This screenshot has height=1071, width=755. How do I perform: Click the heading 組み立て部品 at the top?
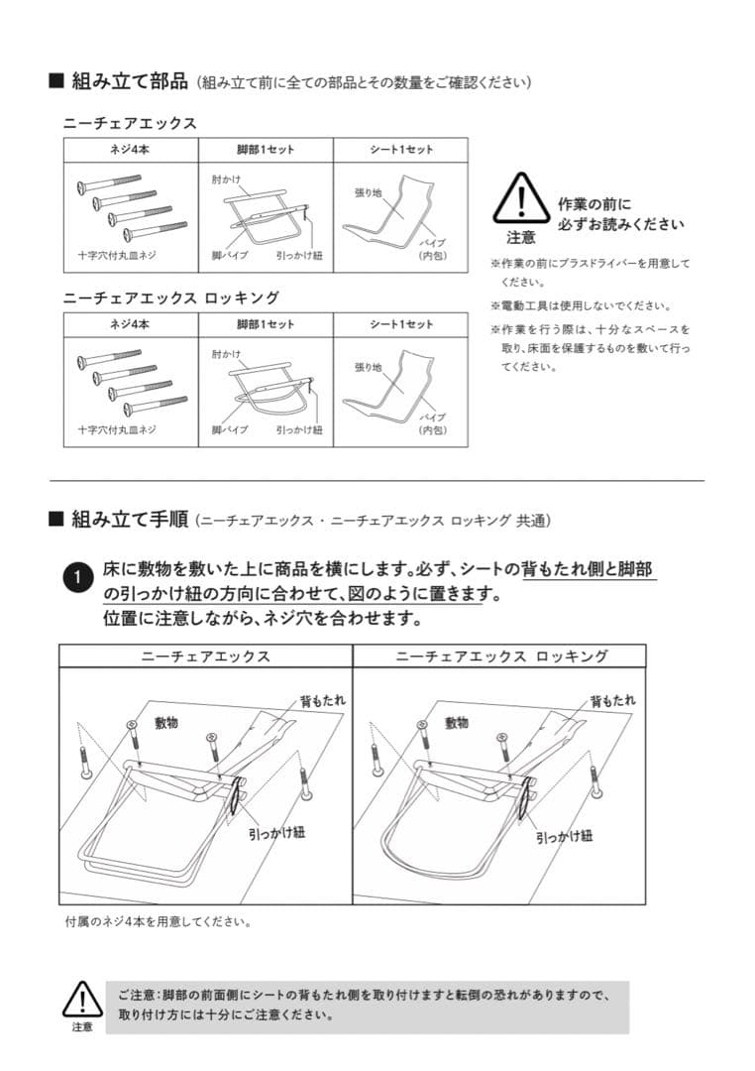pos(128,80)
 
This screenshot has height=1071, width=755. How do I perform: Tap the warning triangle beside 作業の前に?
pos(521,198)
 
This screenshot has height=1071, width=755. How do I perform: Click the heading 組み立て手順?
pos(128,519)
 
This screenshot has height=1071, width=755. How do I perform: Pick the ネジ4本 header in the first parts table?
pos(131,150)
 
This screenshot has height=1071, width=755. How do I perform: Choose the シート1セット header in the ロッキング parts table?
pos(401,324)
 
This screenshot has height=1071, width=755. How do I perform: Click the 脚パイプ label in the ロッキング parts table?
pos(229,429)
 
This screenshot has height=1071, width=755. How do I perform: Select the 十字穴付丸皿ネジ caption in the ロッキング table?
pos(117,429)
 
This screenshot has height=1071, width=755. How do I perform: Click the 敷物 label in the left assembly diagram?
pos(166,723)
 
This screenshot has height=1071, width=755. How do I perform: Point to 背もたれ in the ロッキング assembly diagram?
pos(612,701)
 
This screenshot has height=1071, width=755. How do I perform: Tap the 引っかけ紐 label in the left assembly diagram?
pos(276,833)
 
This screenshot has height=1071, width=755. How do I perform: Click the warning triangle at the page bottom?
pos(82,999)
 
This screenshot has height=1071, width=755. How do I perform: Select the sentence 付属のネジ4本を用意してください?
pos(158,921)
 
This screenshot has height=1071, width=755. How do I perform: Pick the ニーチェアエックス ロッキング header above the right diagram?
pos(500,656)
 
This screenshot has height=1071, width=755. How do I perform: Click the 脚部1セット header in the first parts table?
pos(266,150)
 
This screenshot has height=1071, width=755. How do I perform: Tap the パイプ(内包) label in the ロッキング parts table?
pos(433,423)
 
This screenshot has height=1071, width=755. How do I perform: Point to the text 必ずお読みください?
pos(620,224)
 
